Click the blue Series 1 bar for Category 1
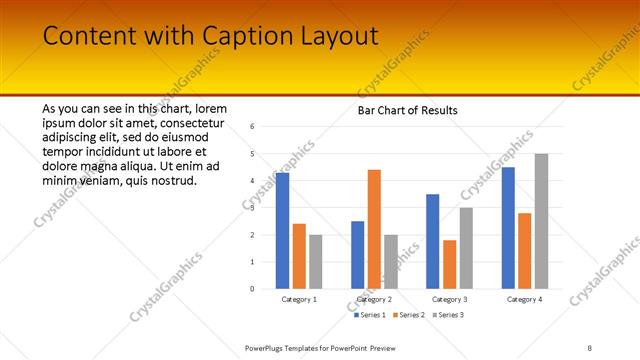282,231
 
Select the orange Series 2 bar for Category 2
374,229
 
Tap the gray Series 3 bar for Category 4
541,221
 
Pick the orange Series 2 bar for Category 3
450,264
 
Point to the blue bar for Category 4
508,228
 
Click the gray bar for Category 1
316,262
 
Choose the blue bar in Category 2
357,255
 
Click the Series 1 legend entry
370,315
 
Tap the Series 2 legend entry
409,315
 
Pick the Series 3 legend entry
448,315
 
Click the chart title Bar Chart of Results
408,110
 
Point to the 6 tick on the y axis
252,127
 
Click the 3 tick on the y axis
252,208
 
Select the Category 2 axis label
374,299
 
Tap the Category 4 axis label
524,299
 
